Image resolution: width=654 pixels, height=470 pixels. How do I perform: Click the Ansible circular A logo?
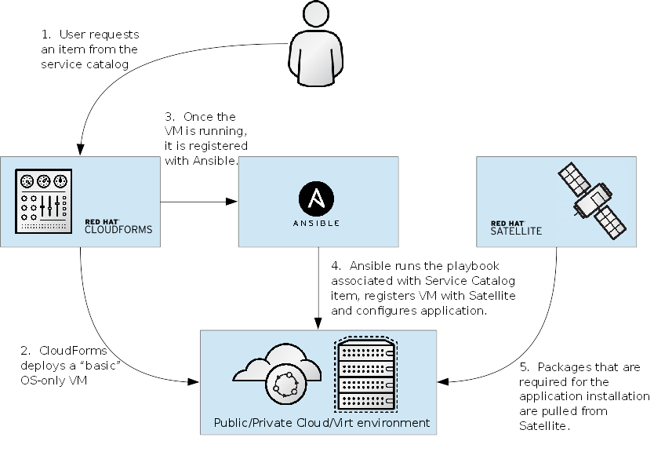click(x=318, y=197)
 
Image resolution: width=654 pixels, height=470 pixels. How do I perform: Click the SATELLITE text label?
click(x=516, y=231)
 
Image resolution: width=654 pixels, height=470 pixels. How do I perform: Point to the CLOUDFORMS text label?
click(x=118, y=231)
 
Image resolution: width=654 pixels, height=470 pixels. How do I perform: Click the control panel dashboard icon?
click(x=45, y=201)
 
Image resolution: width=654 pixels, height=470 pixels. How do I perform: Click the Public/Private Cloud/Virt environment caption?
click(x=322, y=423)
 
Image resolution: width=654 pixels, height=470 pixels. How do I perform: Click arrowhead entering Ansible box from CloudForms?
click(x=231, y=202)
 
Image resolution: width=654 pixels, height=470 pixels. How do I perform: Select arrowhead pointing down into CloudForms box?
click(x=80, y=150)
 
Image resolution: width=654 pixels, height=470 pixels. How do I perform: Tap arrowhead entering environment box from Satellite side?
click(x=444, y=382)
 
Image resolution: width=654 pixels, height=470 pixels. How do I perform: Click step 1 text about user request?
click(x=90, y=50)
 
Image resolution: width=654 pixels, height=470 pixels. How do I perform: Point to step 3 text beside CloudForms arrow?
click(x=205, y=139)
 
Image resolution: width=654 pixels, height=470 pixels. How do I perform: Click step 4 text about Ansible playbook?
click(x=423, y=288)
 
